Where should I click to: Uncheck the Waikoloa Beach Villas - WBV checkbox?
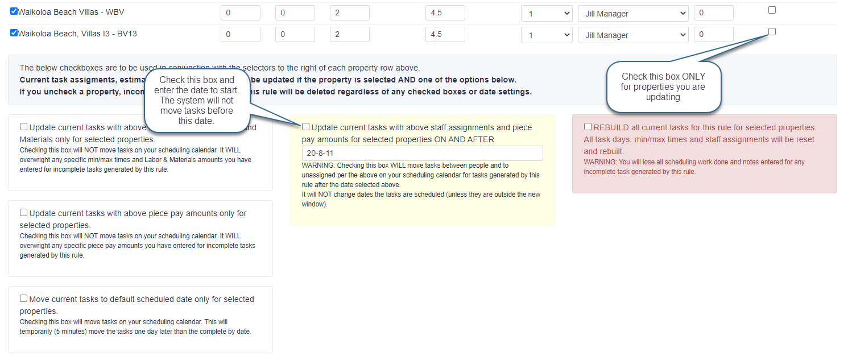[14, 11]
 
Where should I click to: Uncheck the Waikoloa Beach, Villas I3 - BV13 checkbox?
[14, 33]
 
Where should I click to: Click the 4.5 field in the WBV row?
[445, 13]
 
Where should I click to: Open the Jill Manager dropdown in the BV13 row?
[633, 35]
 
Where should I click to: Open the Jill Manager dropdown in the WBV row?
[633, 13]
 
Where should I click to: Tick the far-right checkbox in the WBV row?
[772, 10]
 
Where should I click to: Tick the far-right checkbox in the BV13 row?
[772, 32]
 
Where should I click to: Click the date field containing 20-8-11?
[422, 154]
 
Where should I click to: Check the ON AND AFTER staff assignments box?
[306, 127]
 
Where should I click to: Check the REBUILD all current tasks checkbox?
[588, 127]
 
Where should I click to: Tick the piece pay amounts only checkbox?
[24, 213]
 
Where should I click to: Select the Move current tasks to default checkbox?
[24, 299]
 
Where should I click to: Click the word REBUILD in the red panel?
[611, 127]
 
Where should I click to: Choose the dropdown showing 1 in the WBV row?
[547, 13]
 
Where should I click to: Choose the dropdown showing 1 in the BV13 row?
[547, 35]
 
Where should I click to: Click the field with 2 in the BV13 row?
[349, 35]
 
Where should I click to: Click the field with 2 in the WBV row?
[349, 13]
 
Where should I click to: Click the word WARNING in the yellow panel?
[318, 165]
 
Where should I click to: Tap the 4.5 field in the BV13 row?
[445, 35]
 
